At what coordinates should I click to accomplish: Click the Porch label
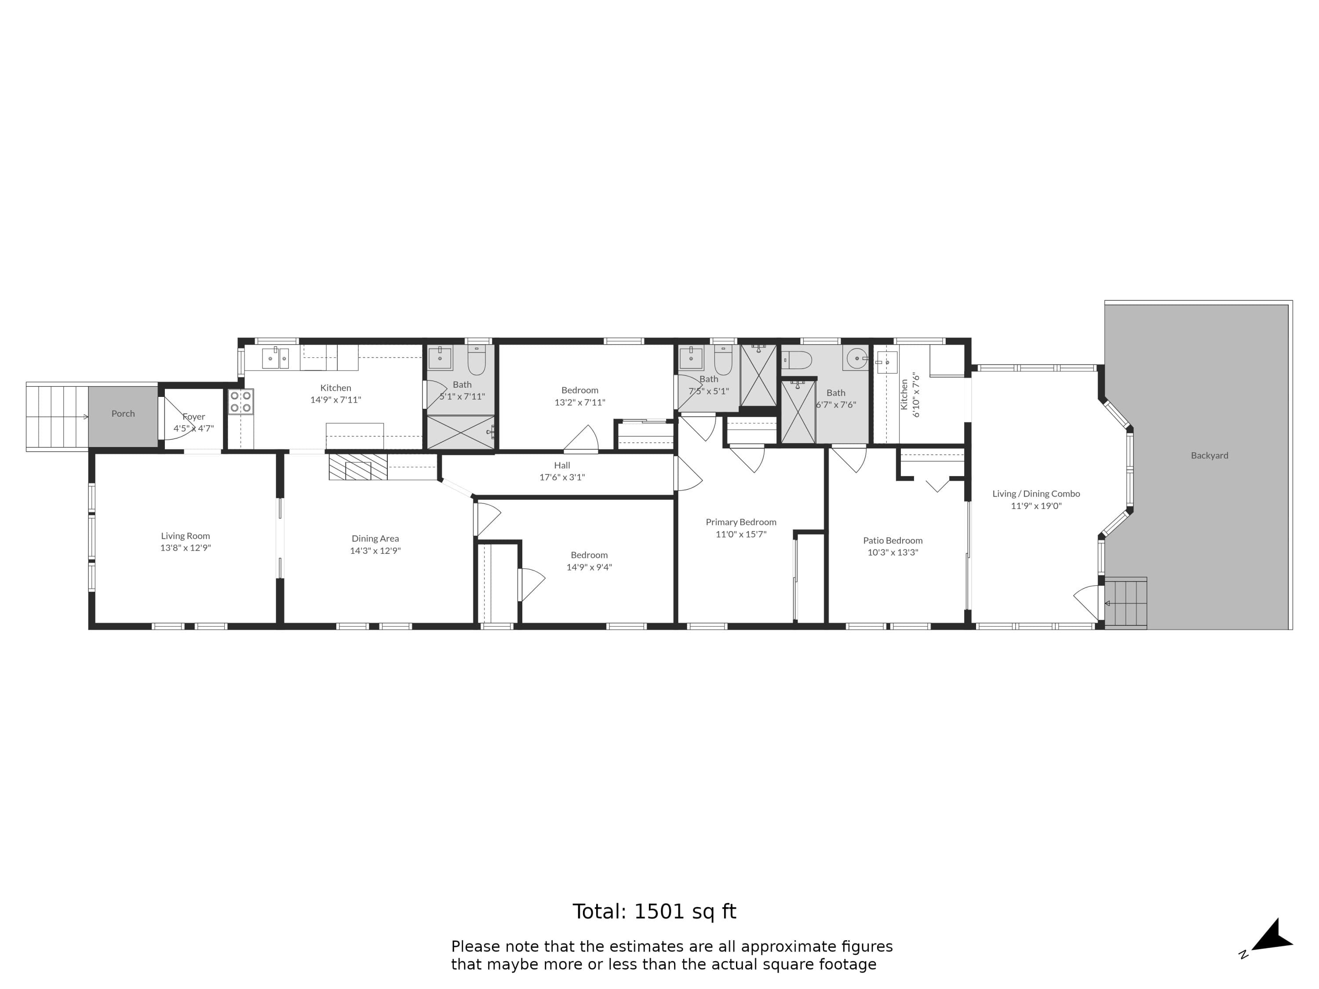coord(123,414)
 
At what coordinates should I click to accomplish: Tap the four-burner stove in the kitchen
coord(240,402)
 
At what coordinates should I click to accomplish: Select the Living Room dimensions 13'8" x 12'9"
coord(186,548)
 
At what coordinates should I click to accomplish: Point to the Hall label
coord(562,465)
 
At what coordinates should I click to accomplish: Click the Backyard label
coord(1209,455)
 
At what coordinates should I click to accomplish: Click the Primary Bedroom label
coord(740,522)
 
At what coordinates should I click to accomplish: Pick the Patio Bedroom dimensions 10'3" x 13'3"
coord(893,553)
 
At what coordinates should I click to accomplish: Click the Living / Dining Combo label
coord(1036,494)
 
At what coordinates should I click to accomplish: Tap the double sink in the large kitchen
coord(276,358)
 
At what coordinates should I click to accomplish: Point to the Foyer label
coord(194,417)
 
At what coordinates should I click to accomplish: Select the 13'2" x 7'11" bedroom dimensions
coord(579,402)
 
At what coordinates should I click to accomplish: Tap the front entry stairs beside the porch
coord(57,417)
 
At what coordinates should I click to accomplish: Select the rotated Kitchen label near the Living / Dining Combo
coord(904,395)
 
